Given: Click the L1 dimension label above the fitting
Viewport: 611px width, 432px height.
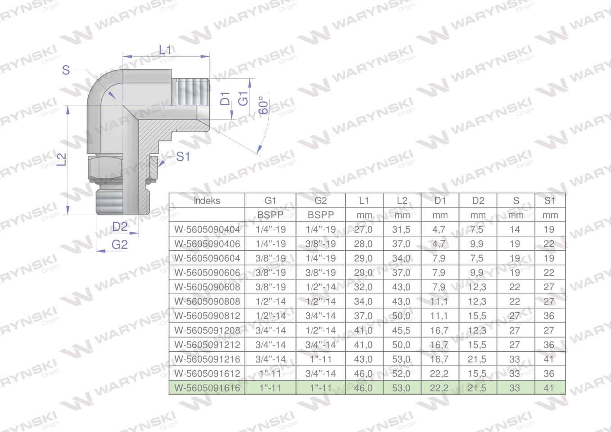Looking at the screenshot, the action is point(165,50).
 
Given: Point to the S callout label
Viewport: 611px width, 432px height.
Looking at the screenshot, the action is point(66,70).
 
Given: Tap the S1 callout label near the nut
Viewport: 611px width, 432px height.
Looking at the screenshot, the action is point(183,157).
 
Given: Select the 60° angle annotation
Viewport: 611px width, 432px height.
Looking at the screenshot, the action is point(263,105).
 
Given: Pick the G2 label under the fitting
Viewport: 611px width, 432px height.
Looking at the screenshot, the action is point(119,244).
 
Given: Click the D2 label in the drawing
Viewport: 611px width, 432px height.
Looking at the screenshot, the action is point(120,226).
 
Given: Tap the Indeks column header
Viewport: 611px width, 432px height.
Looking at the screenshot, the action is point(207,201).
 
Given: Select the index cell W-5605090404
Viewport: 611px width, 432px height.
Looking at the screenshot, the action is point(207,229).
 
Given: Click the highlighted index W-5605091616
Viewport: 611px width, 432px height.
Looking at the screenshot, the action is point(207,388).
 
